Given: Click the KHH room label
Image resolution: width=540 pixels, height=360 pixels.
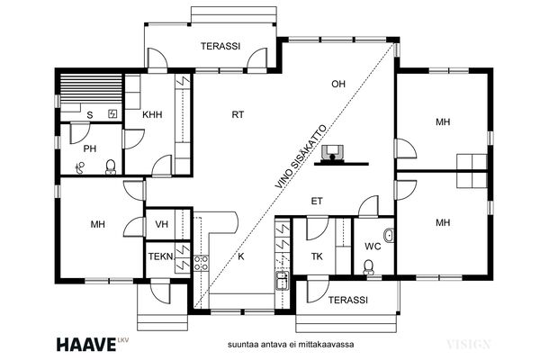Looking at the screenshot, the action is [152, 114].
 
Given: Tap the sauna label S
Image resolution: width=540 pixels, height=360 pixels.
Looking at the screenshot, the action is [90, 115].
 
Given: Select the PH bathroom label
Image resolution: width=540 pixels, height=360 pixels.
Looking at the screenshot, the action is [90, 148].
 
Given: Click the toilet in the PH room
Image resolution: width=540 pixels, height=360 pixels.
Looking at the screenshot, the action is [111, 166].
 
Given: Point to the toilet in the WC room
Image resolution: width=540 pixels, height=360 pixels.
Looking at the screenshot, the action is [368, 267].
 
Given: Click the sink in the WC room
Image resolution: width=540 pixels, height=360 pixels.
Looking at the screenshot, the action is [389, 236].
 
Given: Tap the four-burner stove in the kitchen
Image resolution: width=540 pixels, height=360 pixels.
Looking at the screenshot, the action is [201, 263].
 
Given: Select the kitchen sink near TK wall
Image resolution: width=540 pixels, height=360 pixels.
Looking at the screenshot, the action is [283, 280].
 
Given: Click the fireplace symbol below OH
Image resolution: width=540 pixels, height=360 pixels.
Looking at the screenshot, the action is [332, 154].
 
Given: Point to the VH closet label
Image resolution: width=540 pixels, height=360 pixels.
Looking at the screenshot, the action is [161, 224].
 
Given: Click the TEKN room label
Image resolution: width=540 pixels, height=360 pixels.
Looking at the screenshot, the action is [161, 256].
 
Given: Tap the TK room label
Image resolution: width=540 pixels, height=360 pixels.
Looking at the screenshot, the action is [317, 256].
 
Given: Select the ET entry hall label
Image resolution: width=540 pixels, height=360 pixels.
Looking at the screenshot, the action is [317, 202].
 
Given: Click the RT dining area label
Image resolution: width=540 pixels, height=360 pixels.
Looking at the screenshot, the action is [238, 114].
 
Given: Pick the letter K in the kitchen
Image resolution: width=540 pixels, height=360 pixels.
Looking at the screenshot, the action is [241, 256].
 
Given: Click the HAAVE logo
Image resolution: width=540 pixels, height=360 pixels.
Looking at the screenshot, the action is [86, 345].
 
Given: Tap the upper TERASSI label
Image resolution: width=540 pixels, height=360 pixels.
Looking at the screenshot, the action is [220, 46].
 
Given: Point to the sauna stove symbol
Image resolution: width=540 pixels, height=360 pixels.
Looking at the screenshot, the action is [112, 113].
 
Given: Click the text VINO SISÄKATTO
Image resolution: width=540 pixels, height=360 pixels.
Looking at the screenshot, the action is [301, 157].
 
